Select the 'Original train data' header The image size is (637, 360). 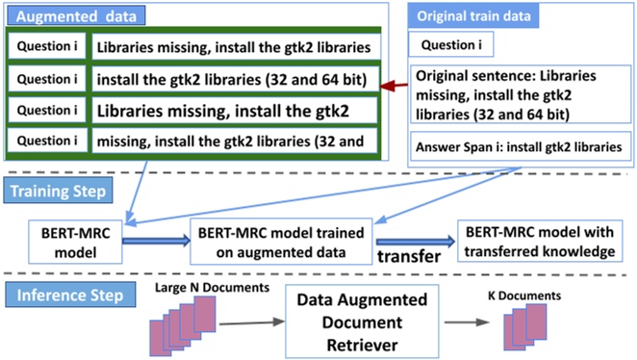474,14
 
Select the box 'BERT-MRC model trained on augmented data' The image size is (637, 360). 275,238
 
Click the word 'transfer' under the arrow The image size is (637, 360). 410,257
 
